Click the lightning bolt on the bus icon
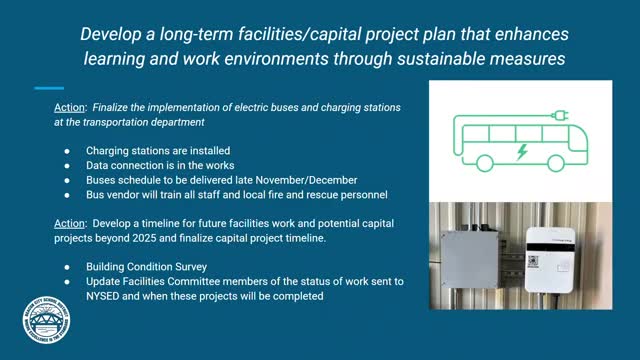521,152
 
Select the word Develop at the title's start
113,35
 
